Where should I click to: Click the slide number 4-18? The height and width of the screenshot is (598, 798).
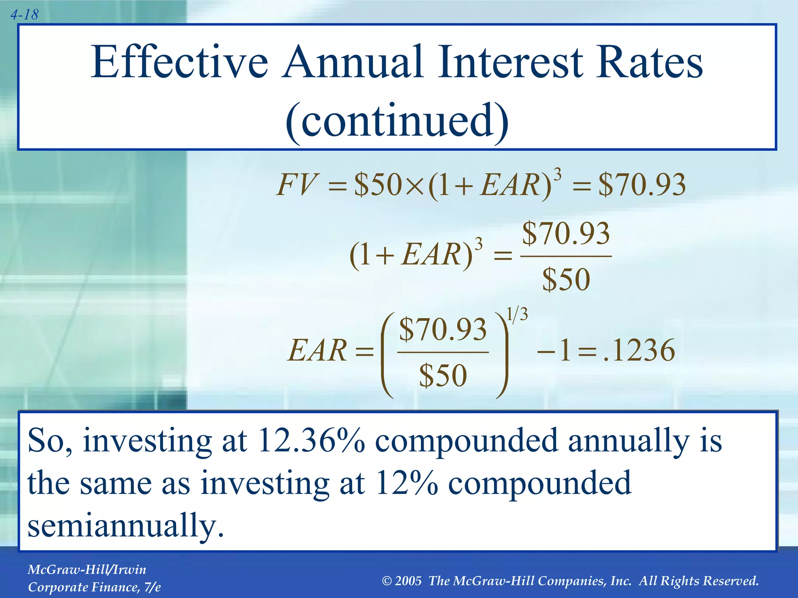click(24, 15)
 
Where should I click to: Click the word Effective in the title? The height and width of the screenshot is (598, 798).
click(179, 62)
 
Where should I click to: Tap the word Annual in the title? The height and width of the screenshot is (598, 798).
click(353, 62)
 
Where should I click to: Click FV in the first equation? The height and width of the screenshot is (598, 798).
click(296, 185)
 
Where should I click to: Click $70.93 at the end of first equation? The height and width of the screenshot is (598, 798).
click(642, 185)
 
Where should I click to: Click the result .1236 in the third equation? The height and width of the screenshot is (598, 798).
click(639, 350)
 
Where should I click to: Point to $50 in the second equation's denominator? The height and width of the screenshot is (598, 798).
click(566, 280)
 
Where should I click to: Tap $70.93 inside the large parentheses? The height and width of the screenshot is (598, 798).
click(443, 330)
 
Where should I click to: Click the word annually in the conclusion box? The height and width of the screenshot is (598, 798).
click(628, 441)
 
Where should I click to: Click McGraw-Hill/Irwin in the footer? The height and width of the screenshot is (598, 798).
click(87, 570)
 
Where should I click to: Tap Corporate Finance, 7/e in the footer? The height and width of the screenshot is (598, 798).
click(94, 587)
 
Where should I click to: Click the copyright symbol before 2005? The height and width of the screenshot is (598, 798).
click(387, 581)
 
